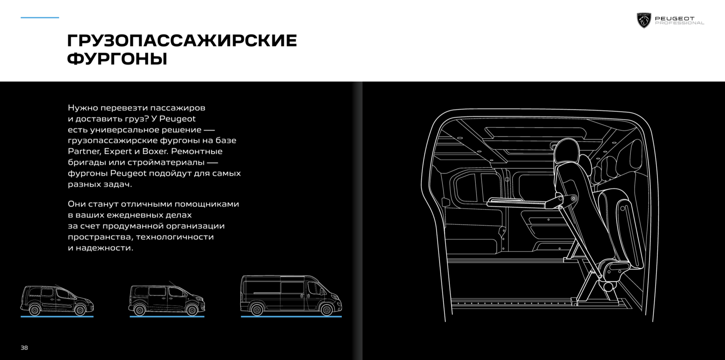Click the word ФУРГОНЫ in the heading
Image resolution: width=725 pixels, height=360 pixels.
[117, 59]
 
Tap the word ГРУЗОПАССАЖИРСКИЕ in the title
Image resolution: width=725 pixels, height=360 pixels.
[182, 41]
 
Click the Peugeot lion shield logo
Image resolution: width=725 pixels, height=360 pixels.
[644, 20]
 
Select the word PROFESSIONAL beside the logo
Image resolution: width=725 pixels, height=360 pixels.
[679, 23]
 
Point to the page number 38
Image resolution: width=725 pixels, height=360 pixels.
[24, 348]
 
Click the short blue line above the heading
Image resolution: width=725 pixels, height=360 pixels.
[40, 18]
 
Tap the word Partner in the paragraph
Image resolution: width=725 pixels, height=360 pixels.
[84, 152]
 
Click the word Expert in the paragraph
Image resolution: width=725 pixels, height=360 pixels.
[118, 152]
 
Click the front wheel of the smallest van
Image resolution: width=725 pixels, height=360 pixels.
[80, 309]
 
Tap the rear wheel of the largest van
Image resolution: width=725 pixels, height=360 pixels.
[257, 309]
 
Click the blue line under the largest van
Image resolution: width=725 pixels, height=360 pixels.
[291, 316]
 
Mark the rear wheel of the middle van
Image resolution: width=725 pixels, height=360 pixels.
[139, 309]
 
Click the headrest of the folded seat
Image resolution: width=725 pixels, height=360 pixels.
[567, 152]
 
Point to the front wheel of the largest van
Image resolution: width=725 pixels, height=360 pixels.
[326, 309]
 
